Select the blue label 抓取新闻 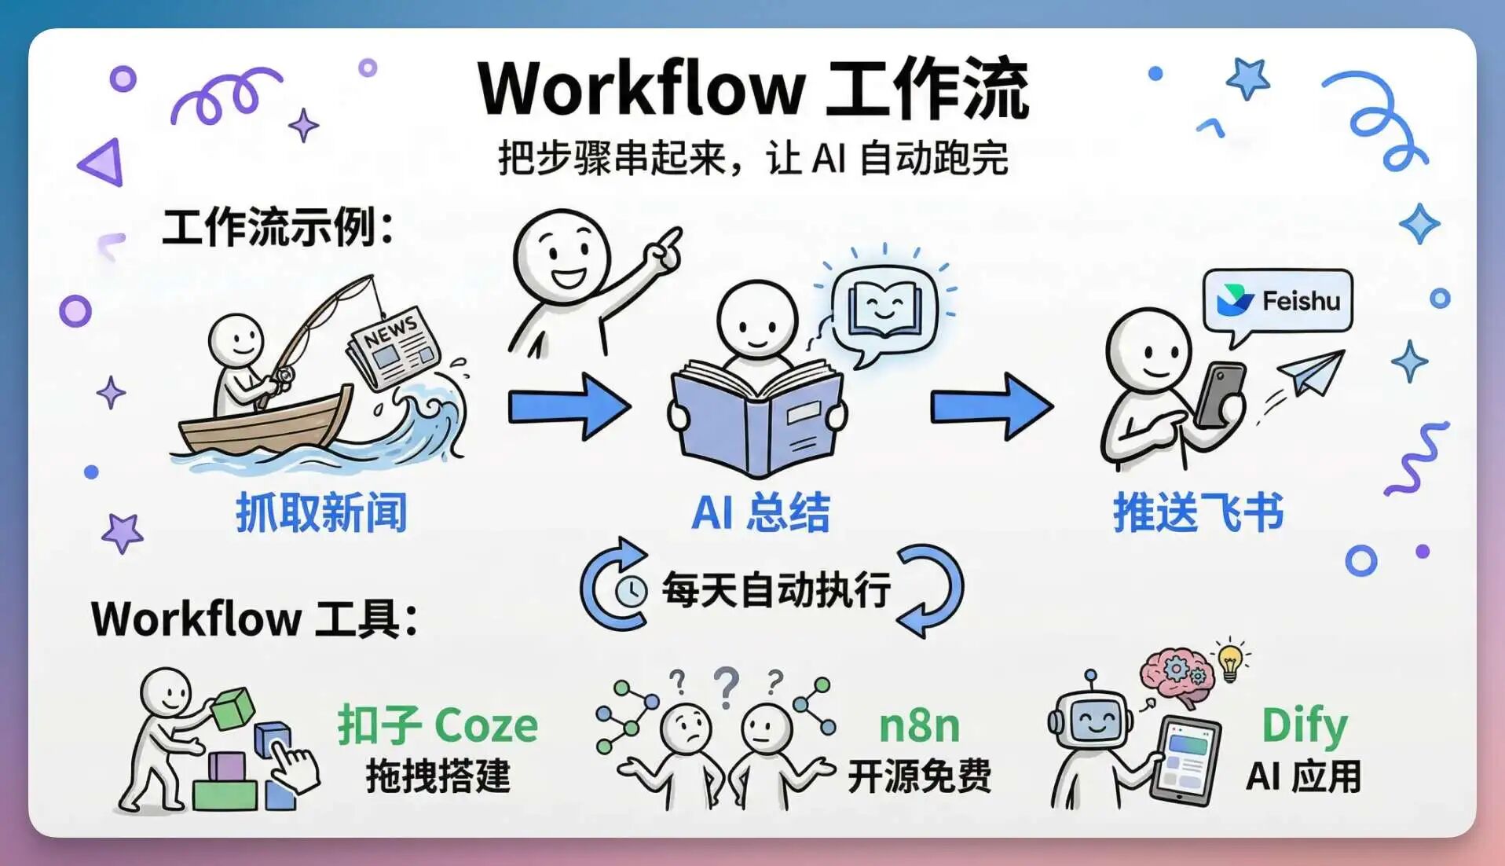coord(321,513)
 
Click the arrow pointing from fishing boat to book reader coord(569,406)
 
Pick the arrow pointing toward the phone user coord(992,406)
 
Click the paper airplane coord(1310,372)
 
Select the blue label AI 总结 coord(760,513)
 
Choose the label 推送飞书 coord(1198,513)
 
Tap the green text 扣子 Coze coord(438,725)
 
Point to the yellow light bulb coord(1230,662)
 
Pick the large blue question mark coord(727,688)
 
